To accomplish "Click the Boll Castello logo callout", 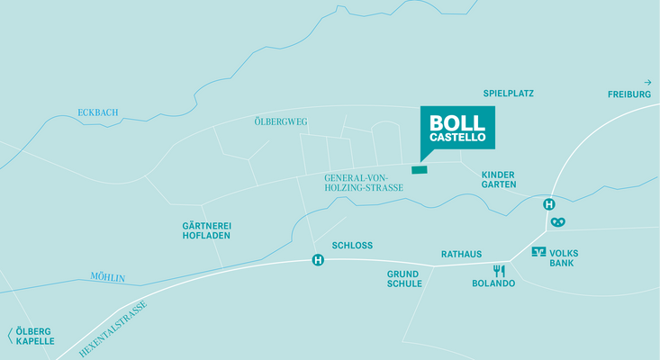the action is point(457,128).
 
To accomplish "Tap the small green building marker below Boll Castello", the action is point(420,168).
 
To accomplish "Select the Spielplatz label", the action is point(509,93).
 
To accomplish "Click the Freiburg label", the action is point(628,94).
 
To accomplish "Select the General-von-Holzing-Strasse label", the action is point(364,183).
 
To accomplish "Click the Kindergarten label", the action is point(499,179).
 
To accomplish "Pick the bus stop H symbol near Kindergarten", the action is point(548,204).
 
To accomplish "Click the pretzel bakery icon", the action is point(560,221).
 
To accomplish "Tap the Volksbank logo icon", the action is point(538,252).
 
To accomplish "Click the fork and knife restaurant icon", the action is point(499,270).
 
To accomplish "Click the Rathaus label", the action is point(461,255).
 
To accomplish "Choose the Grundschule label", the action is point(404,278).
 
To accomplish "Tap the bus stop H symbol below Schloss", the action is point(318,261).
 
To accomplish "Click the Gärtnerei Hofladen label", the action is point(206,230).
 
